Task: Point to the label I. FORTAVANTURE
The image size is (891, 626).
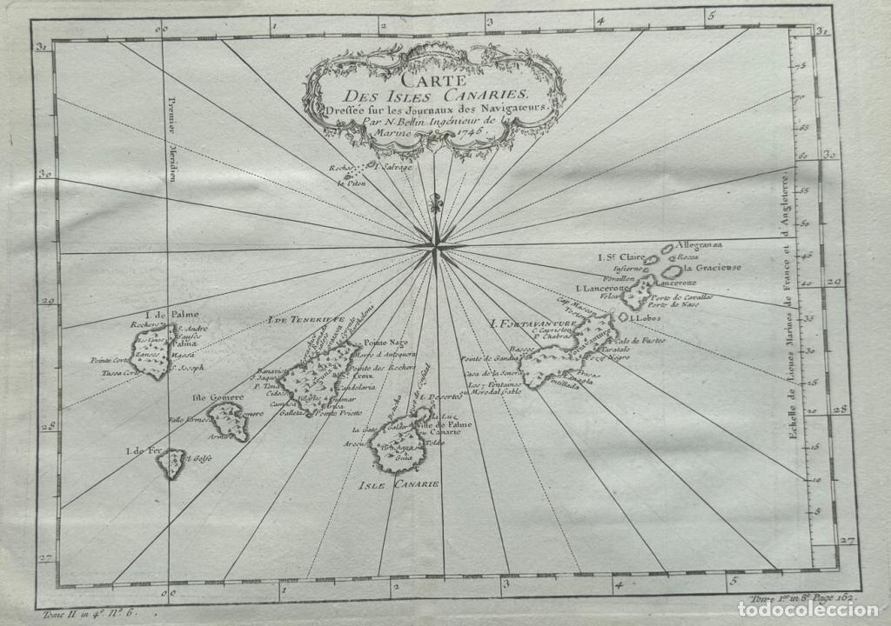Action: click(533, 324)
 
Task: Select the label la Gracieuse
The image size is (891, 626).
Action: click(712, 268)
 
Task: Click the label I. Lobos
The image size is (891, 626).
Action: click(647, 318)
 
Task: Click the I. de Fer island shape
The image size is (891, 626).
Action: click(171, 464)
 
